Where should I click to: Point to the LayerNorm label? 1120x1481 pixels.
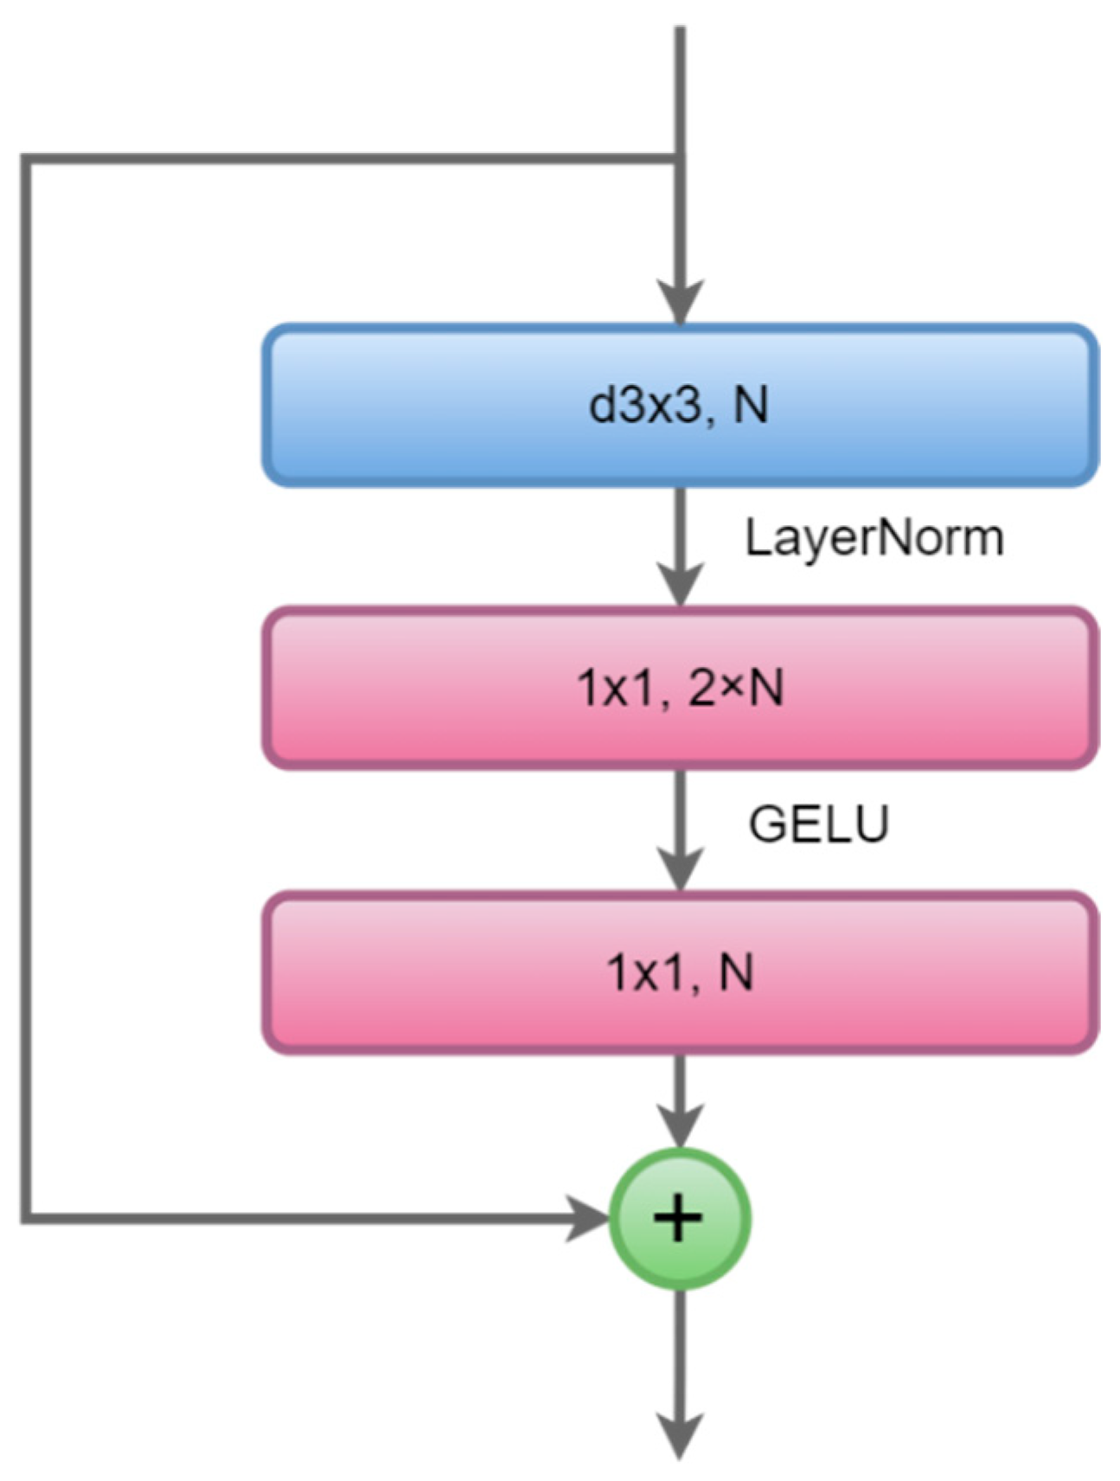(874, 538)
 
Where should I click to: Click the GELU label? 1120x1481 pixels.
(818, 824)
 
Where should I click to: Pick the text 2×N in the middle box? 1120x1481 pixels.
(736, 689)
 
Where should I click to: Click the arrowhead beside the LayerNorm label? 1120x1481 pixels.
(681, 585)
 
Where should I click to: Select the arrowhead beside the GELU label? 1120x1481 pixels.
(681, 869)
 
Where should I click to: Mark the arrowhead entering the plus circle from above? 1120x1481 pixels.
(681, 1125)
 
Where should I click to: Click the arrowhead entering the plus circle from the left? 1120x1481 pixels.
(588, 1218)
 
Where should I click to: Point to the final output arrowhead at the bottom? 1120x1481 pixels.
(681, 1436)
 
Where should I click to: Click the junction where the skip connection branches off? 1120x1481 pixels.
(681, 158)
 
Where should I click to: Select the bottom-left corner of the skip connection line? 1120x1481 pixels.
(26, 1218)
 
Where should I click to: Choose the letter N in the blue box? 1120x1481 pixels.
(751, 405)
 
